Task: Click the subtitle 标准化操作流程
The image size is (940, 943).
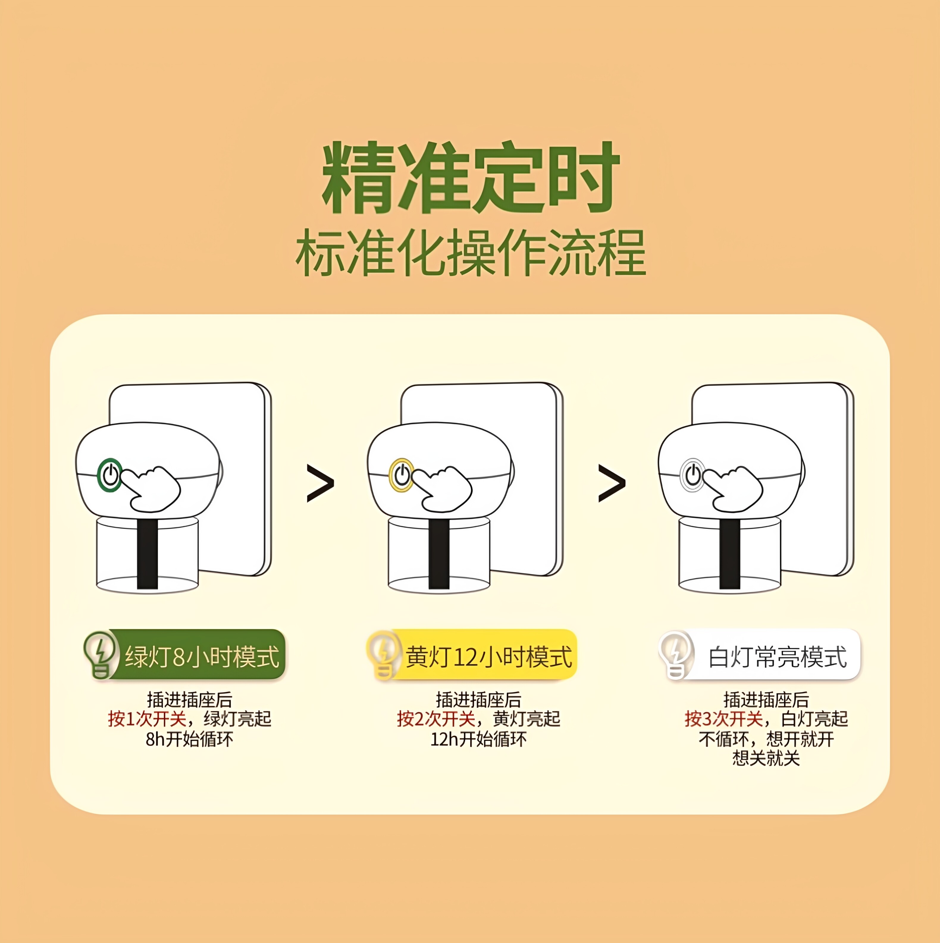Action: click(x=471, y=253)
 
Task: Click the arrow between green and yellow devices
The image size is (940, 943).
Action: click(x=320, y=483)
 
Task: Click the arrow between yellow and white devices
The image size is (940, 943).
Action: click(x=612, y=483)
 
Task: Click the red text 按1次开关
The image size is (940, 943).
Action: click(x=147, y=719)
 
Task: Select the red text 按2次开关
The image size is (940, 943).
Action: click(x=436, y=719)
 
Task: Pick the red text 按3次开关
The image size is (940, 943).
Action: click(x=724, y=719)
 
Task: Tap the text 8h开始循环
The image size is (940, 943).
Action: click(x=189, y=739)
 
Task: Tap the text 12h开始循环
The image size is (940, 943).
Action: click(x=479, y=739)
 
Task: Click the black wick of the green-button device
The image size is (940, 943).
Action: click(x=148, y=554)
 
